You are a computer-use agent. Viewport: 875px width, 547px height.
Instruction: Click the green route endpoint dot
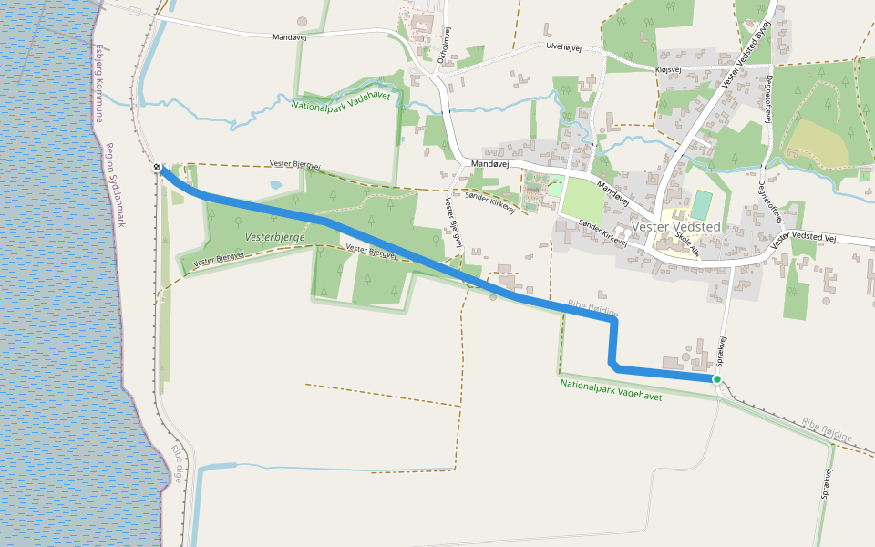[717, 379]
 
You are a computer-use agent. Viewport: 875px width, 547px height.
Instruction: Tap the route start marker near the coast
[158, 168]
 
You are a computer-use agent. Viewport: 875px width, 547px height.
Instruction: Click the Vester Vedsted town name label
[675, 226]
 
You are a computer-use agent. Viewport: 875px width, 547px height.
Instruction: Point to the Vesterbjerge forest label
[275, 236]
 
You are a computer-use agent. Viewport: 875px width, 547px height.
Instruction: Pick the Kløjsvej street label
[668, 69]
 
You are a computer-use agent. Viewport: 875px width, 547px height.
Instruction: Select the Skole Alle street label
[687, 243]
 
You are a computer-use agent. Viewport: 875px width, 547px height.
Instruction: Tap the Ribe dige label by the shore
[179, 465]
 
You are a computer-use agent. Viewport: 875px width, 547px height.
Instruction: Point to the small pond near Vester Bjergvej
[276, 185]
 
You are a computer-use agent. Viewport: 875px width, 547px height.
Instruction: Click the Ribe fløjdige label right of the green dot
[827, 430]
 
